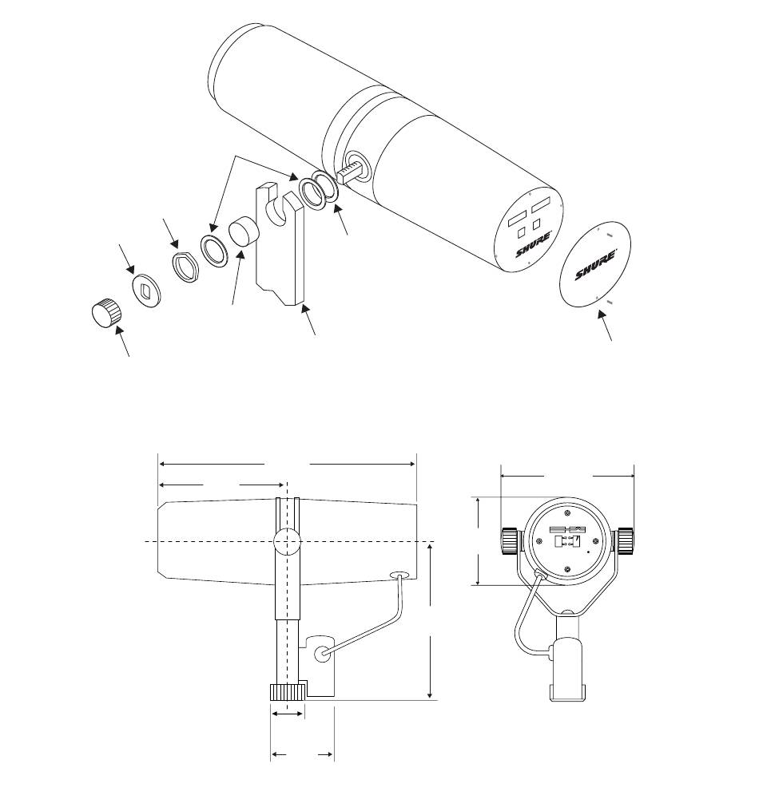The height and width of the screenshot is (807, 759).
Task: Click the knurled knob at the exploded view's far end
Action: pos(106,312)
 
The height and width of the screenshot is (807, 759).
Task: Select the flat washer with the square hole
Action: pos(146,291)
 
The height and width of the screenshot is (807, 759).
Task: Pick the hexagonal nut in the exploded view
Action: pos(185,267)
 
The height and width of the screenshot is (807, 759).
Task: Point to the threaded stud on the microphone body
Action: pos(350,172)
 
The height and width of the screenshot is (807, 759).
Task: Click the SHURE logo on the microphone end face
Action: pos(534,245)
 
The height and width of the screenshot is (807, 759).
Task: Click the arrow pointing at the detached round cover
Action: pos(605,325)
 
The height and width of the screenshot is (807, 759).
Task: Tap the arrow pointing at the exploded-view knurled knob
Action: pos(121,341)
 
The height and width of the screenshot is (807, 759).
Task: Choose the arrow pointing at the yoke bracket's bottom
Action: pos(308,319)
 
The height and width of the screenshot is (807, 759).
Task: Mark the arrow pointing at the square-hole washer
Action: pos(127,259)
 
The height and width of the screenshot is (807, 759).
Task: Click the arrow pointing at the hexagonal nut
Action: pos(170,234)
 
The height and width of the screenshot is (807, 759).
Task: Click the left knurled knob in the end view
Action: pos(510,541)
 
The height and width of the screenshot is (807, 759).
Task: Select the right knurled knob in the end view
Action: pos(626,541)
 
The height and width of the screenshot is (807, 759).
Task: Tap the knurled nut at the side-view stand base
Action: pos(288,692)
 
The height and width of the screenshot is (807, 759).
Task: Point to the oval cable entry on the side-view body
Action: pos(399,575)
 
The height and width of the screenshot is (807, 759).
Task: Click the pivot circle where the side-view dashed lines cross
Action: pos(287,541)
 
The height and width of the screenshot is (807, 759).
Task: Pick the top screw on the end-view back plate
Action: pos(566,512)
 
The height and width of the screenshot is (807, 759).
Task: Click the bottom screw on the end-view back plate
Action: pos(566,569)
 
